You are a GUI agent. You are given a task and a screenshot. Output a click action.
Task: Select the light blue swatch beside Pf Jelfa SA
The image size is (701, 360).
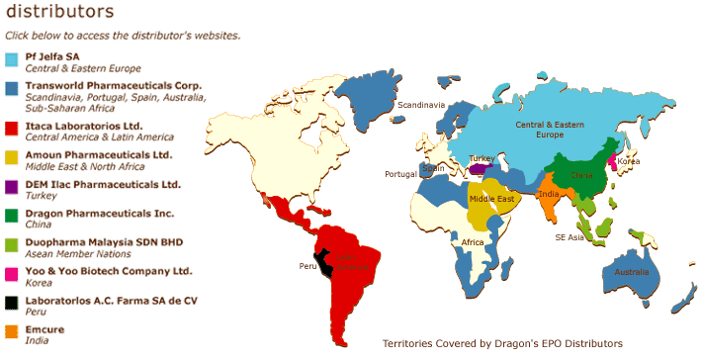[12, 59]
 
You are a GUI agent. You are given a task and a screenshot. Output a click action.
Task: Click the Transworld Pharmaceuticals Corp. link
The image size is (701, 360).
[114, 86]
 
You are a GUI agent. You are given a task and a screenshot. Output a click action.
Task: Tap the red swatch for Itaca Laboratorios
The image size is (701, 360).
[12, 128]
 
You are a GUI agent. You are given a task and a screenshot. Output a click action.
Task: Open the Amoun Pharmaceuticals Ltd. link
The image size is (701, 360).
[98, 155]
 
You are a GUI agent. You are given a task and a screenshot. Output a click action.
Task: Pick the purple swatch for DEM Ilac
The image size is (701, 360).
[12, 185]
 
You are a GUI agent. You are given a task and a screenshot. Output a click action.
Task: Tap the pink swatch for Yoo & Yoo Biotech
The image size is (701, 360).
[12, 272]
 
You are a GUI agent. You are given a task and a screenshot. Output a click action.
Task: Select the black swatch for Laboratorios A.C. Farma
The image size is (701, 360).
[12, 302]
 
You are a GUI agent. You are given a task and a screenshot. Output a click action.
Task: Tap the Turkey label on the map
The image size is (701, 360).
[482, 158]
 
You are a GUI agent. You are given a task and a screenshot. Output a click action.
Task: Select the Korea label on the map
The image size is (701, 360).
[628, 160]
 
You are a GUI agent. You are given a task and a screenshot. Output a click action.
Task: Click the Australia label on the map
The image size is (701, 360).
[631, 272]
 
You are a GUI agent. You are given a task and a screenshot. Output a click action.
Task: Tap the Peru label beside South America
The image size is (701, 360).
[307, 266]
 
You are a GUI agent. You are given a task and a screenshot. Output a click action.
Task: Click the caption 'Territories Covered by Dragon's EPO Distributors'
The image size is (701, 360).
[502, 343]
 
